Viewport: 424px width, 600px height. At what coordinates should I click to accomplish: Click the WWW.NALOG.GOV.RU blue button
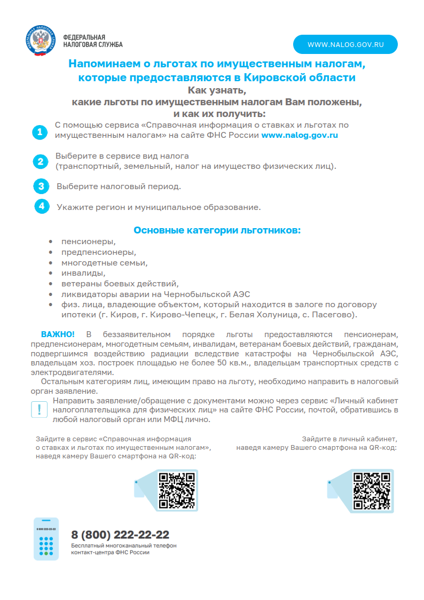coord(346,44)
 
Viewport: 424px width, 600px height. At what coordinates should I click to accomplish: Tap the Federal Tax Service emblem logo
coord(40,41)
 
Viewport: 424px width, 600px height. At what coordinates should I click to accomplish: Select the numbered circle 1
coord(40,132)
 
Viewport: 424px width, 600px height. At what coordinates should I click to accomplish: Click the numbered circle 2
coord(40,161)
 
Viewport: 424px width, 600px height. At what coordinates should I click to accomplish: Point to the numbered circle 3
coord(41,186)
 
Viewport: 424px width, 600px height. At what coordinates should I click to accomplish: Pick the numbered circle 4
coord(41,206)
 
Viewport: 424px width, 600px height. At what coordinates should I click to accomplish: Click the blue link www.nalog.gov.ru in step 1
coord(299,136)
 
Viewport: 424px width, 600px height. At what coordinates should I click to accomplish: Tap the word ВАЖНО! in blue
coord(58,334)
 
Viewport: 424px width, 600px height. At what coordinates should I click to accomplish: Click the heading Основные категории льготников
coord(217,230)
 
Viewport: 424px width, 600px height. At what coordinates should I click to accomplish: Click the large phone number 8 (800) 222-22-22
coord(120,535)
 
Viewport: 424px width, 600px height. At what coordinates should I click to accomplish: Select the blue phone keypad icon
coord(46,539)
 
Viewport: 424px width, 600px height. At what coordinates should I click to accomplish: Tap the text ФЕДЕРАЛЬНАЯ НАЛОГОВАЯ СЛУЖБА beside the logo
coord(92,41)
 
